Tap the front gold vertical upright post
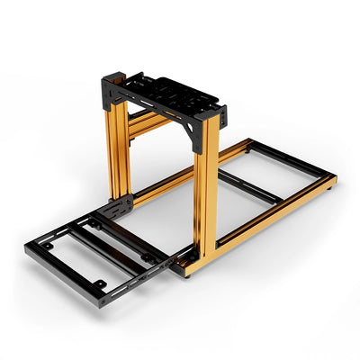click(205, 189)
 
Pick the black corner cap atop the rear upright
click(112, 86)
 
